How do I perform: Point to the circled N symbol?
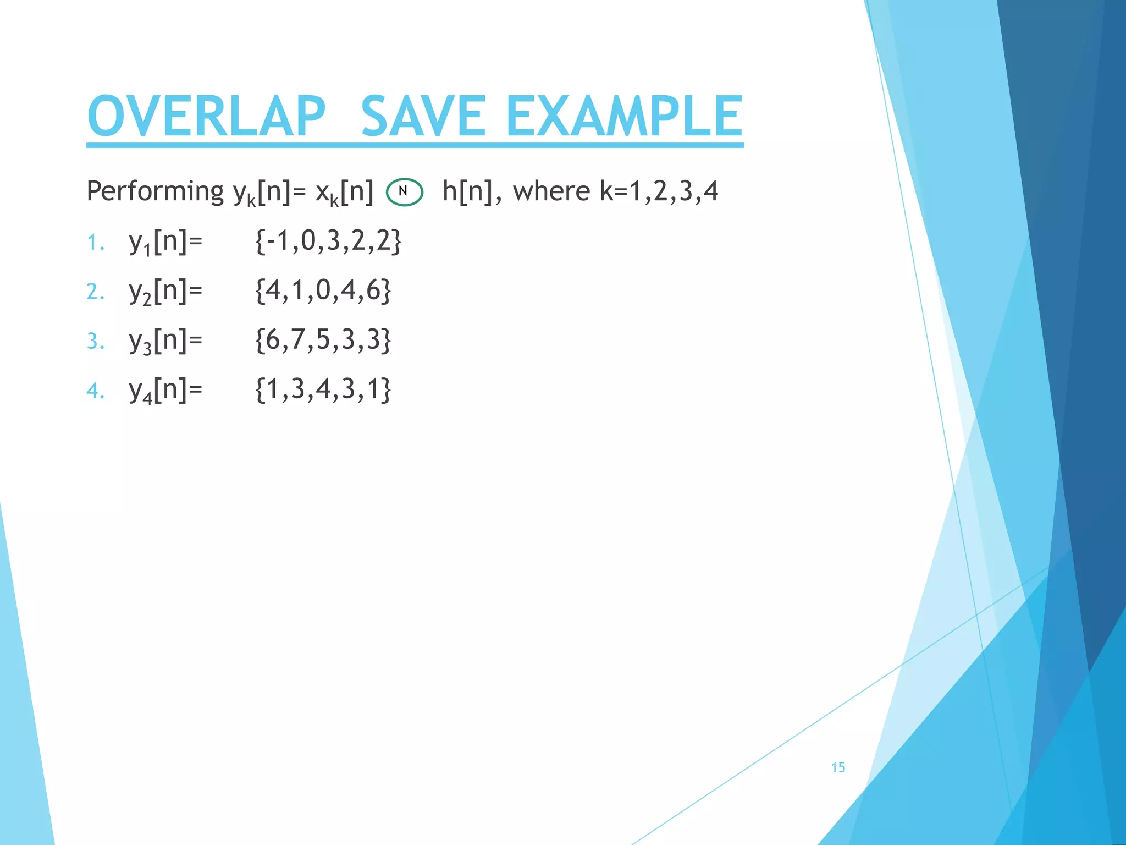pyautogui.click(x=404, y=192)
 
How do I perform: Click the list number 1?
pyautogui.click(x=95, y=243)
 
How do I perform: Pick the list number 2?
pyautogui.click(x=95, y=292)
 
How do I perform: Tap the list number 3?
pyautogui.click(x=95, y=341)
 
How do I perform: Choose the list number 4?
pyautogui.click(x=95, y=391)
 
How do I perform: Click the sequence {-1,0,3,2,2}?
pyautogui.click(x=328, y=241)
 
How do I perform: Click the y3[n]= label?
pyautogui.click(x=165, y=341)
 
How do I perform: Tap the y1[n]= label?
pyautogui.click(x=165, y=243)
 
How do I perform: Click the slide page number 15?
pyautogui.click(x=838, y=767)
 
